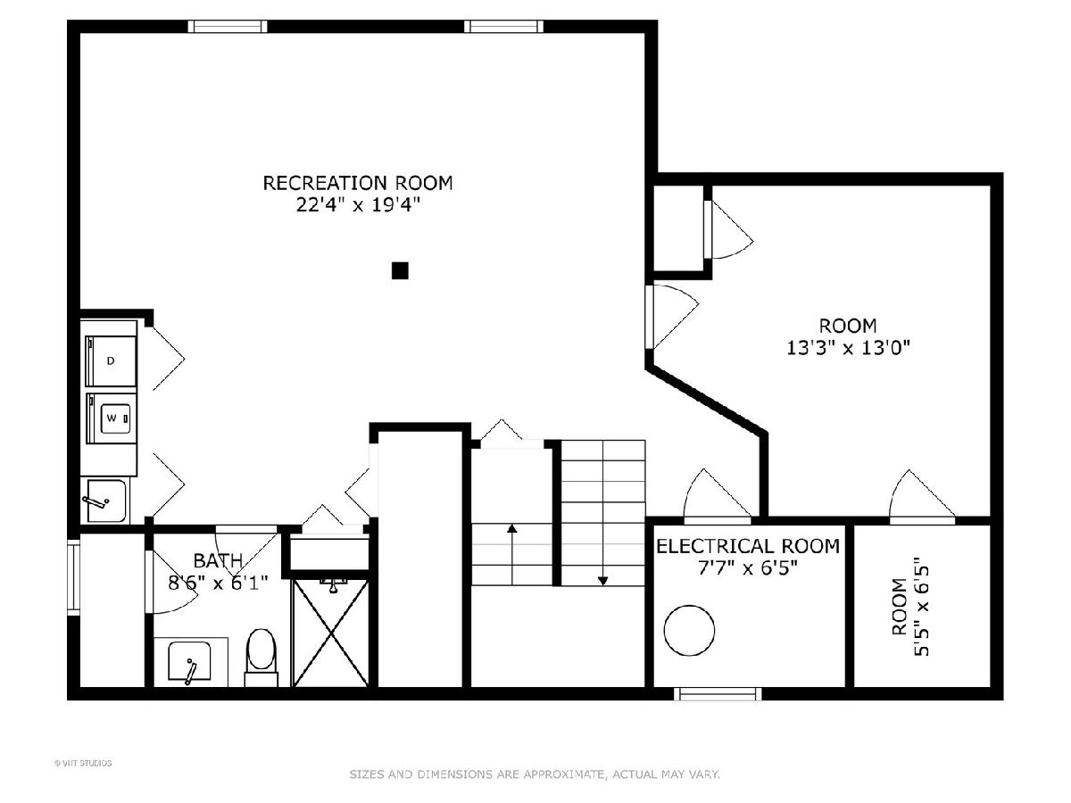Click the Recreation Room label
coord(358,183)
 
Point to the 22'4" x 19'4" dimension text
coord(358,205)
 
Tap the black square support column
coord(400,270)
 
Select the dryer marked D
coord(111,361)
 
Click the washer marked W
coord(111,418)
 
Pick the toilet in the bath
coord(261,658)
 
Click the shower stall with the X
coord(331,633)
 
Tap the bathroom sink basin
coord(189,660)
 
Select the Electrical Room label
coord(748,546)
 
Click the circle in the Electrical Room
coord(689,631)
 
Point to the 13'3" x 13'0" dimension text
coord(848,348)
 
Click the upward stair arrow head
coord(511,528)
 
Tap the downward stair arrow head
coord(603,581)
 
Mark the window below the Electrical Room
coord(718,694)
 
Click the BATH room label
coord(218,561)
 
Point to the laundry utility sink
coord(104,501)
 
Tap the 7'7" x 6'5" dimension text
coord(748,568)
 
